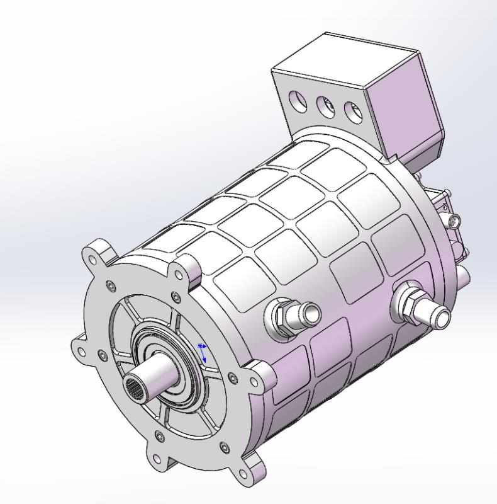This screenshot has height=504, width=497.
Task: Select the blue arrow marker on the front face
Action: (x=203, y=353)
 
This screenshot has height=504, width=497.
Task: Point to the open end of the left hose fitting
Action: (x=312, y=311)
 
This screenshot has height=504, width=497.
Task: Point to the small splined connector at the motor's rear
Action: (x=454, y=221)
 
